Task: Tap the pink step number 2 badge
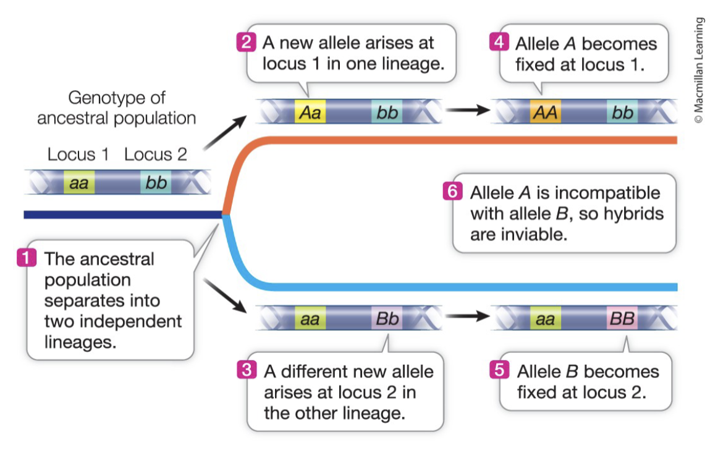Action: [x=246, y=43]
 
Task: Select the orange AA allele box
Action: [x=545, y=113]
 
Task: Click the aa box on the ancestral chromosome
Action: [x=78, y=182]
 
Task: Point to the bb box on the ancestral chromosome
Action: [x=156, y=182]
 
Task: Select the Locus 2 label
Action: [x=155, y=155]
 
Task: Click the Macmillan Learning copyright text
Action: [x=699, y=72]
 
